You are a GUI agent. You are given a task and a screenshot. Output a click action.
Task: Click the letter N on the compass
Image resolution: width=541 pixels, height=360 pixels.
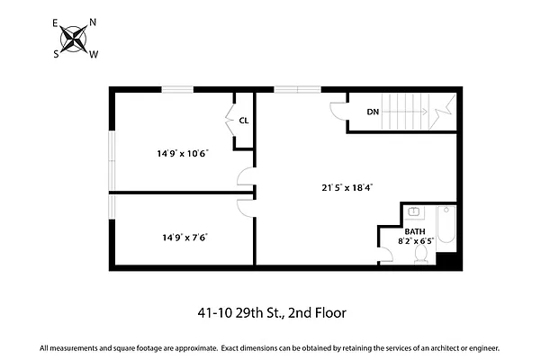93,22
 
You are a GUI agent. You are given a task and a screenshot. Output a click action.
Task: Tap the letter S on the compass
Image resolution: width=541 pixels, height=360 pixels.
56,53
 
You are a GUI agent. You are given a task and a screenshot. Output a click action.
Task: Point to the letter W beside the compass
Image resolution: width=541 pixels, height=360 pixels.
94,54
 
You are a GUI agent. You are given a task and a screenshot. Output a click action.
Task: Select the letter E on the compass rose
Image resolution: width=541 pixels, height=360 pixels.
56,22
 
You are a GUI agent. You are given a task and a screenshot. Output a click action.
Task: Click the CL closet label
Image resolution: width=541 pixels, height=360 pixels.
243,120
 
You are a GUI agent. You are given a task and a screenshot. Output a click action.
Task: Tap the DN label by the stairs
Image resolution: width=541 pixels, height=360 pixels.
373,112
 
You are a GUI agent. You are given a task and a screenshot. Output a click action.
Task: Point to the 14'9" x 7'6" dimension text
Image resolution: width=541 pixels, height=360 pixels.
185,238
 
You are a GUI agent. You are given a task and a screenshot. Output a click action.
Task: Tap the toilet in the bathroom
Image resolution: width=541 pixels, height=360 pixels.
420,256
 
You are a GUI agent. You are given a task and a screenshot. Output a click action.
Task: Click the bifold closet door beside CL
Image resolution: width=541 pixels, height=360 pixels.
229,115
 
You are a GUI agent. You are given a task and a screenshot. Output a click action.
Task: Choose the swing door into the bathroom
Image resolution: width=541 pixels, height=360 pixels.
386,254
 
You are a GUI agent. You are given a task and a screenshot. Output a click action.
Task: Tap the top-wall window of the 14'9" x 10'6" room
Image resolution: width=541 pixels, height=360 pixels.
176,88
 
